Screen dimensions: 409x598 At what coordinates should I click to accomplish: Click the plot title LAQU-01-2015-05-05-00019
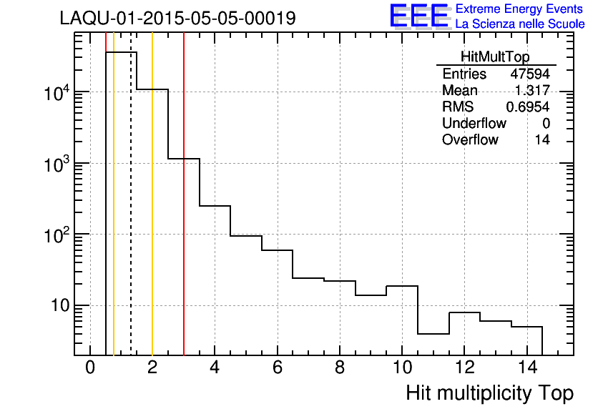point(177,19)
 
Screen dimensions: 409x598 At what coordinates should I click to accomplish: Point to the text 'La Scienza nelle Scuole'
point(519,24)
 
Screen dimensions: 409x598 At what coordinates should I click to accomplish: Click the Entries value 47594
point(529,74)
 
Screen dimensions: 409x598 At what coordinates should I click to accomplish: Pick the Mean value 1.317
point(532,91)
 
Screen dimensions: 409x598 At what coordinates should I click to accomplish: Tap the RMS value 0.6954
point(528,107)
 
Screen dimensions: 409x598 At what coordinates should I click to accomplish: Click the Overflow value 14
point(542,140)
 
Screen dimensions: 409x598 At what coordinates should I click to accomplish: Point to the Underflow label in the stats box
point(474,124)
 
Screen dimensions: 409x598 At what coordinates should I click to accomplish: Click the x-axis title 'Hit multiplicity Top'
point(489,393)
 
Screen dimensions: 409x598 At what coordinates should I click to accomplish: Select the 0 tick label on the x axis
point(90,368)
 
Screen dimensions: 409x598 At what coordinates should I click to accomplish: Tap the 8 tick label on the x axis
point(339,368)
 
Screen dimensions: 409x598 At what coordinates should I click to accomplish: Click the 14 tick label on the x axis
point(526,368)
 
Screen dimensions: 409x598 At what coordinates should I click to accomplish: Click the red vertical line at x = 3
point(184,215)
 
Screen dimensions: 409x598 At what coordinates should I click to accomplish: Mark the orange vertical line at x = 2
point(152,215)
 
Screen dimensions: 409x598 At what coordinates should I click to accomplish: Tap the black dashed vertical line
point(131,215)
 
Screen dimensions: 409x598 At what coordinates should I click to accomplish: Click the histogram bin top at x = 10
point(401,286)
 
